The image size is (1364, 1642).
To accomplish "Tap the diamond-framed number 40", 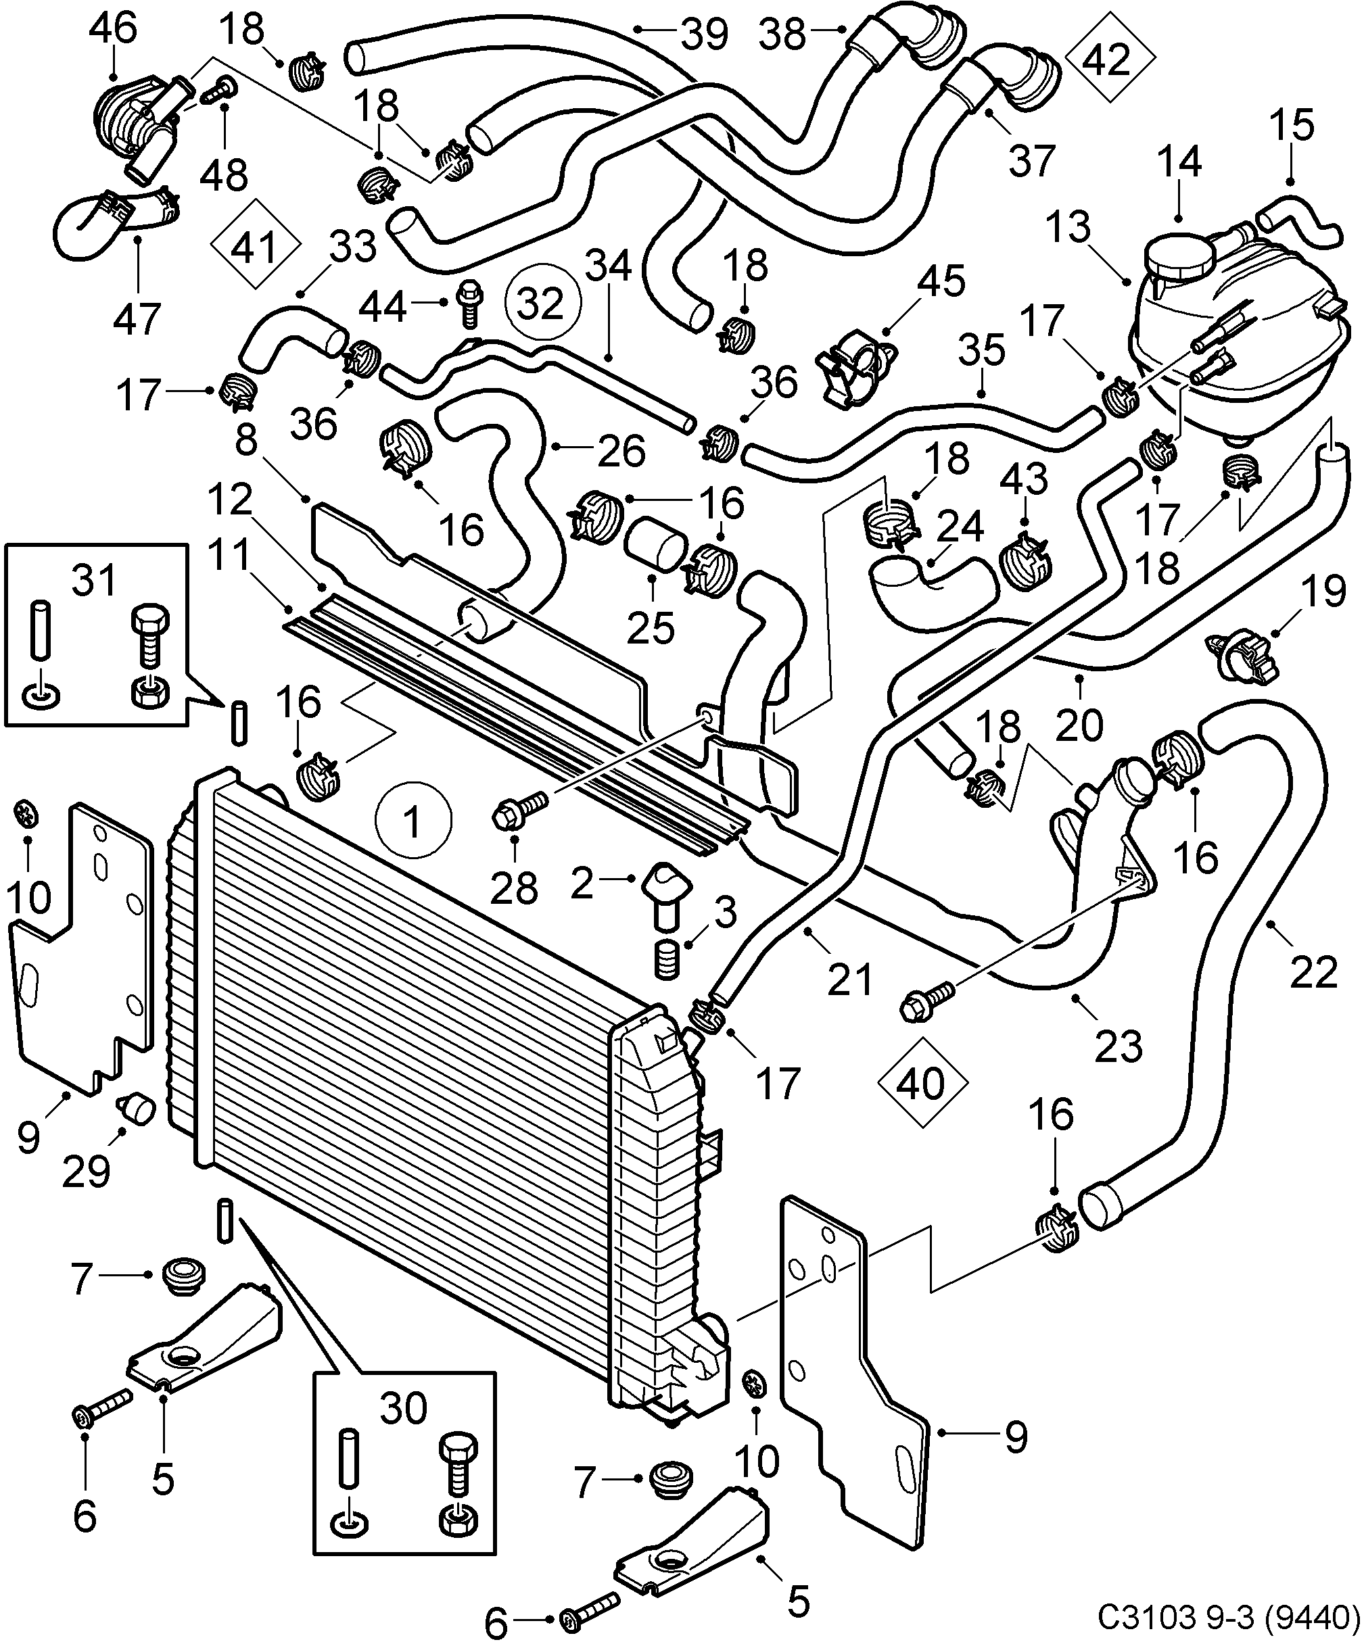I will (922, 1083).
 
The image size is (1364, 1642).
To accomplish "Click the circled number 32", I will (541, 304).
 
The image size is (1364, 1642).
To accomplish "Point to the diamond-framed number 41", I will (256, 248).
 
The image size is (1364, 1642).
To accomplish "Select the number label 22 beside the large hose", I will (1313, 973).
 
